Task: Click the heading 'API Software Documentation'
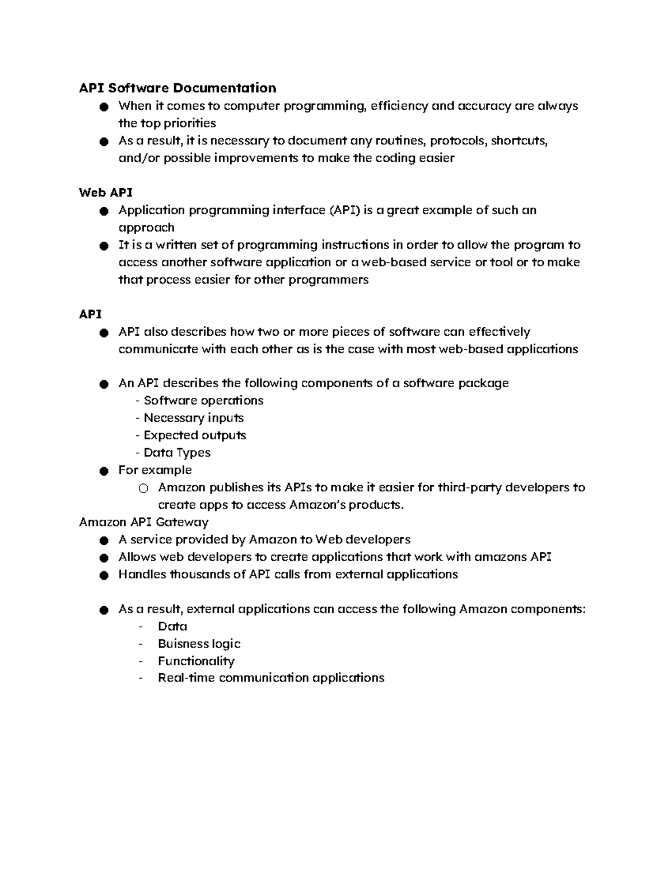pyautogui.click(x=178, y=88)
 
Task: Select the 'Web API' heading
pyautogui.click(x=106, y=192)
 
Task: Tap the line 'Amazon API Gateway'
pyautogui.click(x=144, y=522)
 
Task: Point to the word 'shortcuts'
pyautogui.click(x=519, y=140)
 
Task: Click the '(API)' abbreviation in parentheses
pyautogui.click(x=344, y=210)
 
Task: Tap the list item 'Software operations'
pyautogui.click(x=203, y=401)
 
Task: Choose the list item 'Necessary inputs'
pyautogui.click(x=193, y=418)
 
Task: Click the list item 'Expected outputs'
pyautogui.click(x=194, y=435)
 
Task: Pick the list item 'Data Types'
pyautogui.click(x=177, y=453)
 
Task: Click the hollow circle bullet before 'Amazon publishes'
pyautogui.click(x=143, y=488)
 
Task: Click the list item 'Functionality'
pyautogui.click(x=196, y=661)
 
